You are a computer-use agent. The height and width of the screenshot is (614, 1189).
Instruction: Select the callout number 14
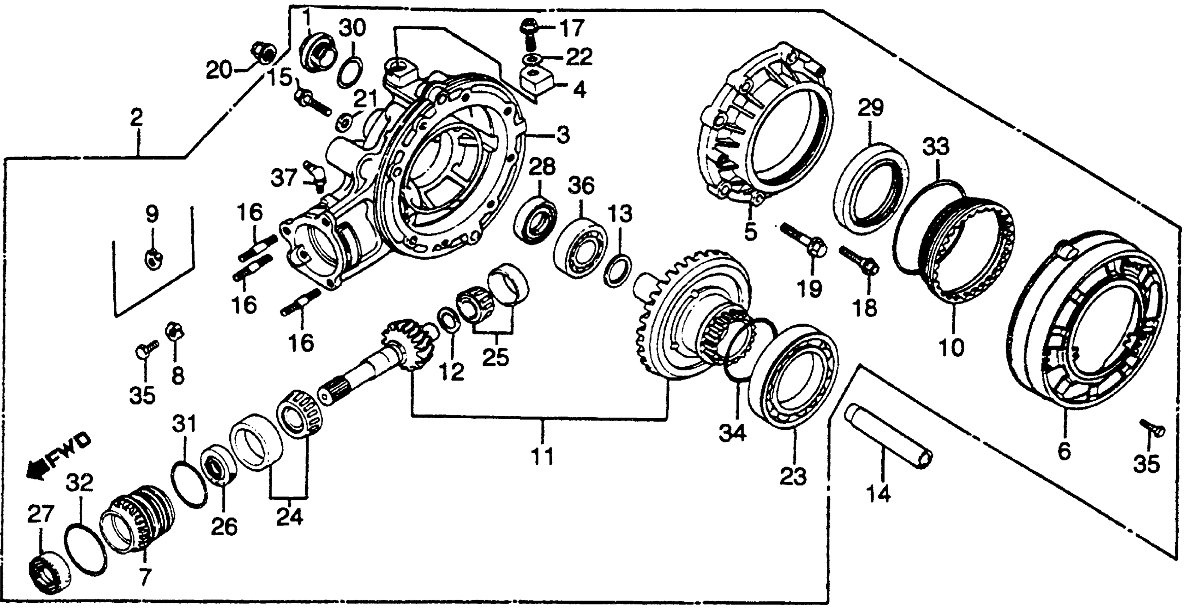[x=878, y=494]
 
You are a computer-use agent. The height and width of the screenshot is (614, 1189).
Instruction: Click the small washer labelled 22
[x=532, y=59]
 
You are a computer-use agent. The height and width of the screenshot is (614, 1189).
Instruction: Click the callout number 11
[x=542, y=457]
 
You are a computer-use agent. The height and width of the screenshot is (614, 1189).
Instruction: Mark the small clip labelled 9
[x=152, y=259]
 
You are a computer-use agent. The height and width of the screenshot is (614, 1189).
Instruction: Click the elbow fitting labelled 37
[x=316, y=176]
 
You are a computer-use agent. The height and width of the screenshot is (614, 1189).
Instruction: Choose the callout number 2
[x=136, y=118]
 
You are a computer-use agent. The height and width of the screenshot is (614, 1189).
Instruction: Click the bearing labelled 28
[x=535, y=220]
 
